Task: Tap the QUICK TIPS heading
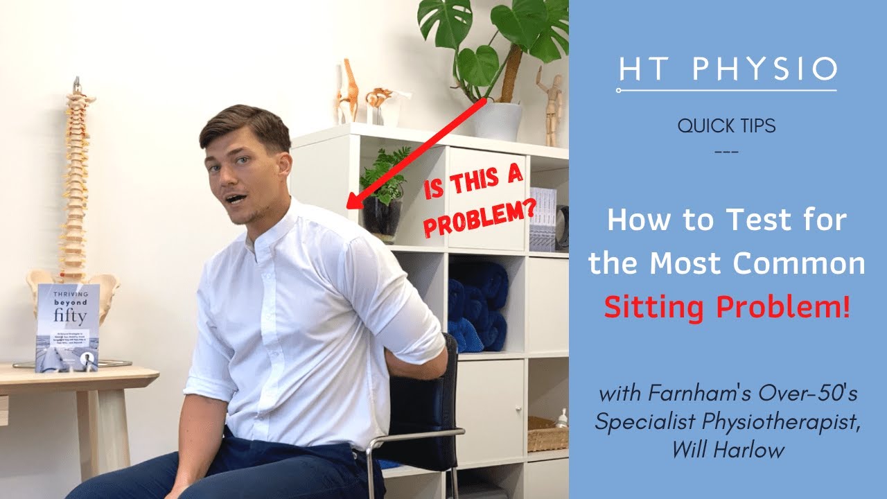click(726, 126)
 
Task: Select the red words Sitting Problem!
click(727, 306)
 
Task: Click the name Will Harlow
click(728, 450)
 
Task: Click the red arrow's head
click(352, 202)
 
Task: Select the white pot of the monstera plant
click(497, 121)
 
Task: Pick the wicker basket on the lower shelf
click(547, 433)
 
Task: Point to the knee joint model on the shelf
click(348, 90)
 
